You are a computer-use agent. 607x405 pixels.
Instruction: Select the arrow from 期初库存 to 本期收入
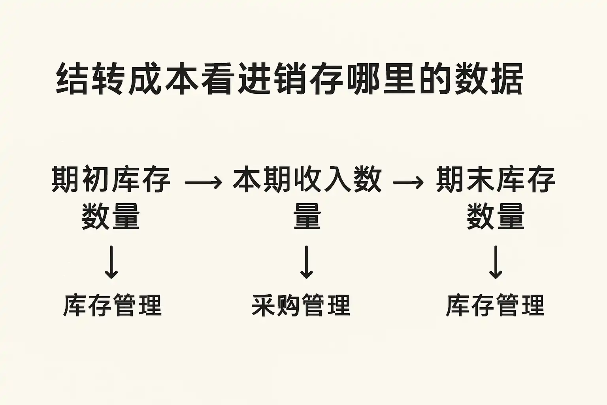tap(203, 182)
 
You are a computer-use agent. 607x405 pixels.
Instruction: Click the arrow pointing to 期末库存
tap(408, 182)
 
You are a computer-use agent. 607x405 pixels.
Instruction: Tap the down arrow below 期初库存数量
tap(111, 262)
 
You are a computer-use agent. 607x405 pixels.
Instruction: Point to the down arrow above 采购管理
tap(307, 262)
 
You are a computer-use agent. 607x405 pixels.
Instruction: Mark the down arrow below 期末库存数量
tap(496, 262)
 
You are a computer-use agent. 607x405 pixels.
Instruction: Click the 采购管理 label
tap(301, 305)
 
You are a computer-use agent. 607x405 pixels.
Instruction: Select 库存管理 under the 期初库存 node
tap(112, 305)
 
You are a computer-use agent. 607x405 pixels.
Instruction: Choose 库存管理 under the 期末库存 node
tap(495, 305)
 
